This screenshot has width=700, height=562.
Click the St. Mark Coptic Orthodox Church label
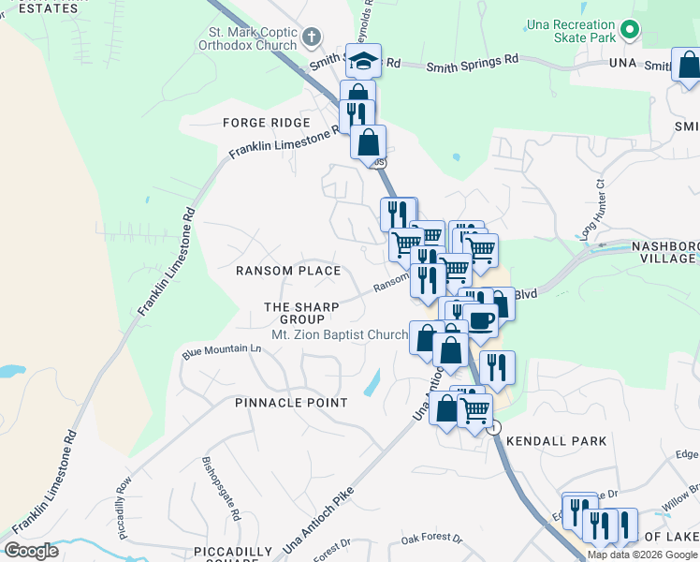coord(247,38)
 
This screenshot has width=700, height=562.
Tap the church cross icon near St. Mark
coord(312,38)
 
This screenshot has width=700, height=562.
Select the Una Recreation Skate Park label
coord(568,28)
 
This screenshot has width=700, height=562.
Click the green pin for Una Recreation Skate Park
coord(630,29)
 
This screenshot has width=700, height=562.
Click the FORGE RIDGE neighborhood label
coord(266,123)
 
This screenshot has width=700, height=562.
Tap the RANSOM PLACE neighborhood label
coord(287,271)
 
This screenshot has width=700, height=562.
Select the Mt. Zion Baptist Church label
coord(339,334)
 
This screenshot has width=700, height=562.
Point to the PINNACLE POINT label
coord(278,403)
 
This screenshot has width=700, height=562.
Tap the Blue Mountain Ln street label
coord(221,350)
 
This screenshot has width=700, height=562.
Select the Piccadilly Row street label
coord(124,507)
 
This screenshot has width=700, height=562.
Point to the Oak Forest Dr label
coord(431,540)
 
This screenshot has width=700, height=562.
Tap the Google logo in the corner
coord(31,550)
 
